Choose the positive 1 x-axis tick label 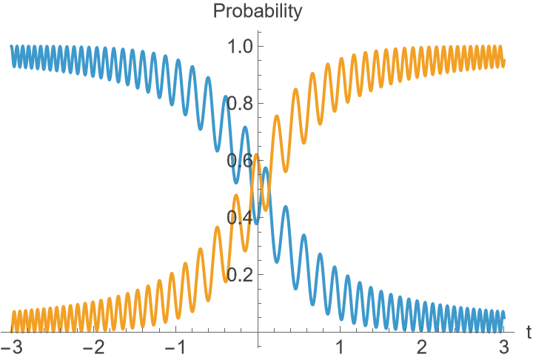tap(340, 347)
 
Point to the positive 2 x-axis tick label tap(422, 347)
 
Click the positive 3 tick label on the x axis tap(504, 347)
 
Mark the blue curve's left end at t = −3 tap(11, 47)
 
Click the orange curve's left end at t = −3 tap(11, 330)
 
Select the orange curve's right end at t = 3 tap(504, 61)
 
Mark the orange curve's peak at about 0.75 tap(277, 116)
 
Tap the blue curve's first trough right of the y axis tap(275, 260)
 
